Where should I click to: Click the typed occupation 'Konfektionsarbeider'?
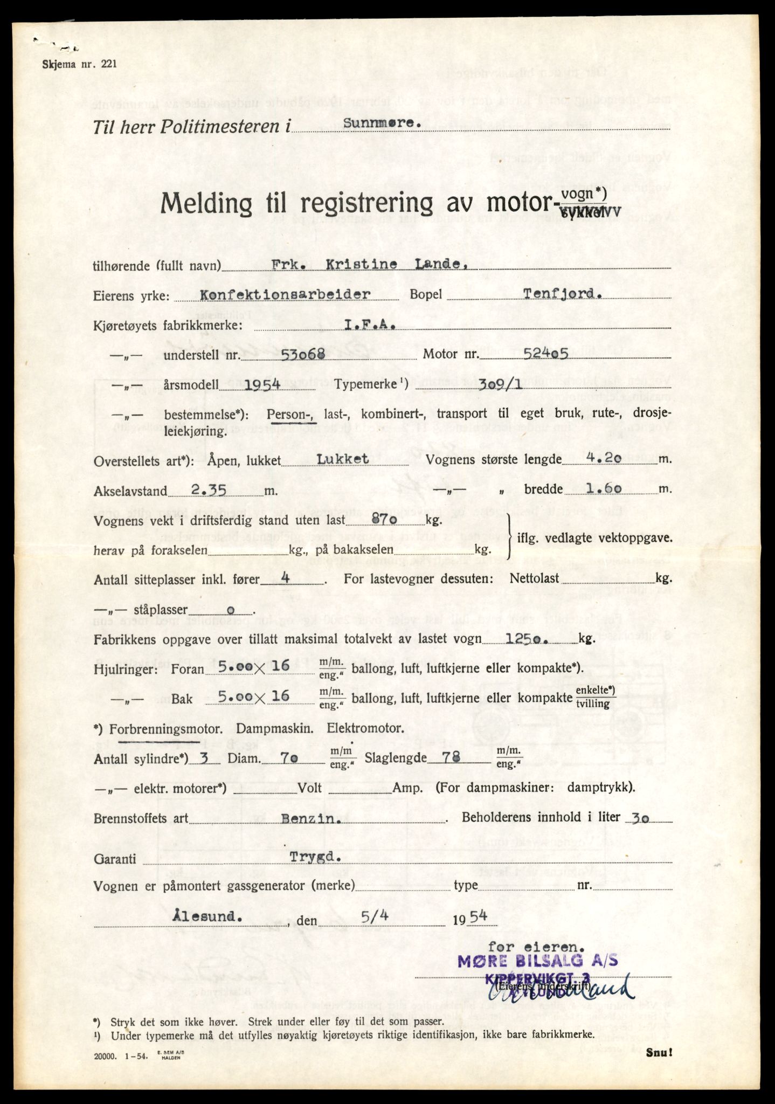[285, 294]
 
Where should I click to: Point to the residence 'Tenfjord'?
[562, 294]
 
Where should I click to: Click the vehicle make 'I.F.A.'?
[370, 325]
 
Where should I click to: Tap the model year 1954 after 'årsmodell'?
[262, 384]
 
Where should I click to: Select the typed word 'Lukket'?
[342, 459]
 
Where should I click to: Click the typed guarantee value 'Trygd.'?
[315, 857]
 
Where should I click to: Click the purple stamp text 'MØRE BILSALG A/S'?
[537, 961]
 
